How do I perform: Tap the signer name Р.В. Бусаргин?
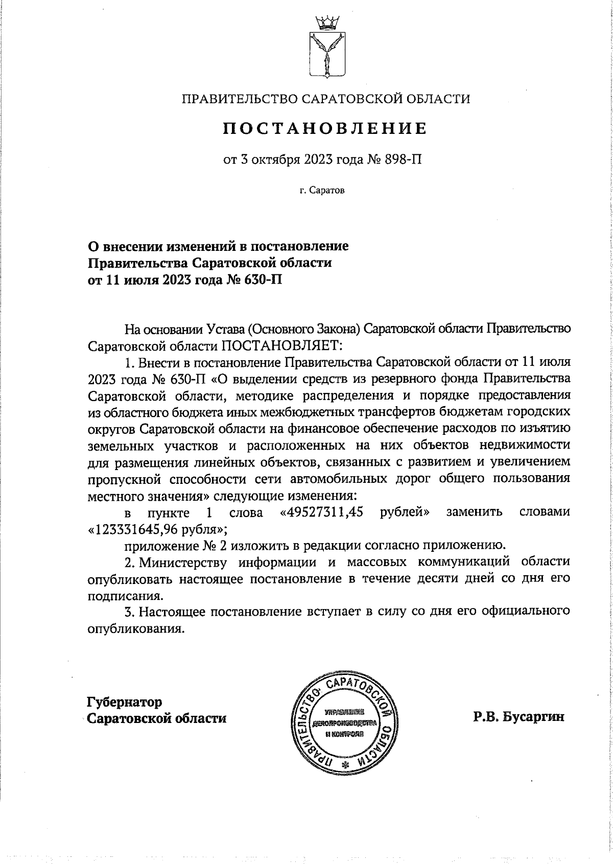click(519, 717)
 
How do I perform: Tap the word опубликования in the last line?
click(135, 628)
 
